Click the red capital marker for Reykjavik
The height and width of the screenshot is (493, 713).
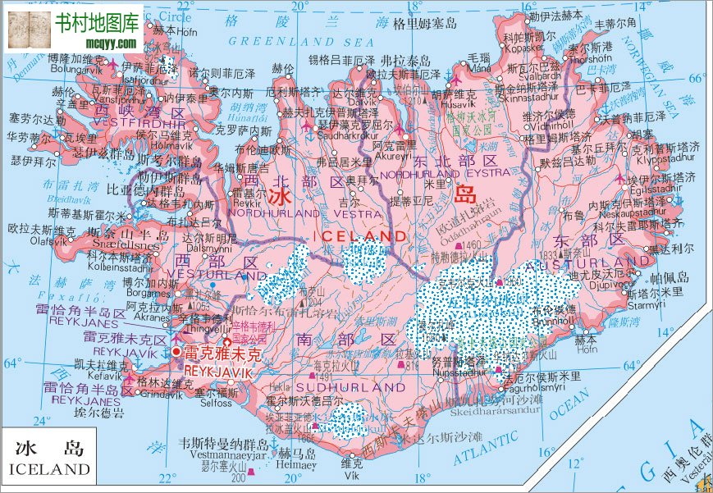[x=176, y=352]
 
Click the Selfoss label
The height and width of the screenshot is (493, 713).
[x=215, y=404]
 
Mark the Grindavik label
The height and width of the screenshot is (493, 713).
[x=159, y=395]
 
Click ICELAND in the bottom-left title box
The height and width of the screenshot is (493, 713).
[x=49, y=469]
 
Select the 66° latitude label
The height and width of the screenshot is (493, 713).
[x=697, y=80]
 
